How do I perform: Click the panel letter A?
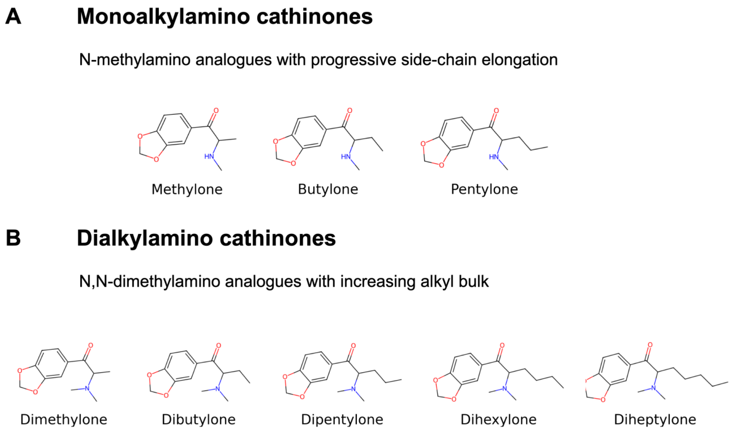pyautogui.click(x=13, y=17)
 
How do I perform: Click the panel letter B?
pyautogui.click(x=13, y=238)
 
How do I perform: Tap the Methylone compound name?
pyautogui.click(x=187, y=189)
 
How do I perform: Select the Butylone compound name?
pyautogui.click(x=328, y=189)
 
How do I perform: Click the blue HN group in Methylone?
pyautogui.click(x=209, y=157)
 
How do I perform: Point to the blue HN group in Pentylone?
pyautogui.click(x=494, y=157)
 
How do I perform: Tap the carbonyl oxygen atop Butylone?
pyautogui.click(x=350, y=111)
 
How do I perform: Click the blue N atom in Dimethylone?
pyautogui.click(x=87, y=388)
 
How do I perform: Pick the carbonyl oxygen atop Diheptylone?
pyautogui.click(x=650, y=345)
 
